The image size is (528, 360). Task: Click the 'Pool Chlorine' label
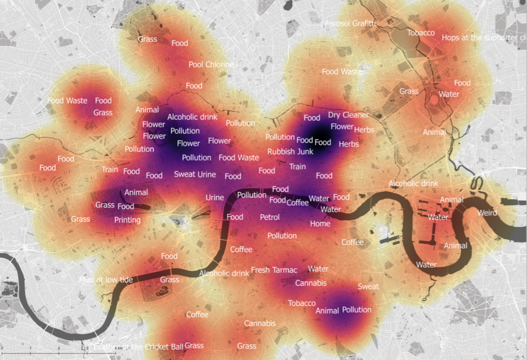211,65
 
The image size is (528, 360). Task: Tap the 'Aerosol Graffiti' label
350,24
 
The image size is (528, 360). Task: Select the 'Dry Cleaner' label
348,115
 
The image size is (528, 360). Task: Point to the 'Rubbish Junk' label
290,152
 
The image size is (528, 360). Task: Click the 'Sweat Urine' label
195,174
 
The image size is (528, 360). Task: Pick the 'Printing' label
127,220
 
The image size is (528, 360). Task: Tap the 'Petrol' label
270,217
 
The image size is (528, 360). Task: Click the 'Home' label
320,223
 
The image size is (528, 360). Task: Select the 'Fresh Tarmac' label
274,270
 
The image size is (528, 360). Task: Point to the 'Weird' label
487,213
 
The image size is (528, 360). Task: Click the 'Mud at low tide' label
106,280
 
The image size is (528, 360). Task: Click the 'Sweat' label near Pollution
368,286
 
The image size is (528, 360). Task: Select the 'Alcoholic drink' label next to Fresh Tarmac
224,273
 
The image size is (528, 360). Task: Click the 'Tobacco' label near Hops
421,33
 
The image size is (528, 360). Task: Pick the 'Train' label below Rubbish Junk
297,167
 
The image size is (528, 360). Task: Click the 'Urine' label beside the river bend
215,198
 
